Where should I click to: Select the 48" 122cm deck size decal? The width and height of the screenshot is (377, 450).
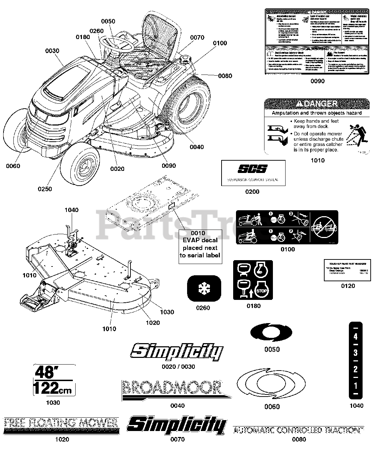click(x=54, y=380)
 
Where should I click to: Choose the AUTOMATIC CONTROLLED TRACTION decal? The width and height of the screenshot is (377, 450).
click(x=298, y=430)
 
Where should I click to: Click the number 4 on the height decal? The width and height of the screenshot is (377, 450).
click(x=356, y=336)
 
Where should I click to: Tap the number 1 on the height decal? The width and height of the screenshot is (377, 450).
click(x=356, y=386)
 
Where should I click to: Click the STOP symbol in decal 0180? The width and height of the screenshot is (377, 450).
click(x=262, y=291)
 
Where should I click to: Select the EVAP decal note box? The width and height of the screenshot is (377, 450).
click(x=200, y=244)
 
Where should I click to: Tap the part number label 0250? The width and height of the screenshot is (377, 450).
click(x=45, y=189)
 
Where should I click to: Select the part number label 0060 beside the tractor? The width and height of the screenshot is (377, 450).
click(x=13, y=166)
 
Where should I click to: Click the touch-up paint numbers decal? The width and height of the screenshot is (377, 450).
click(x=347, y=270)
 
